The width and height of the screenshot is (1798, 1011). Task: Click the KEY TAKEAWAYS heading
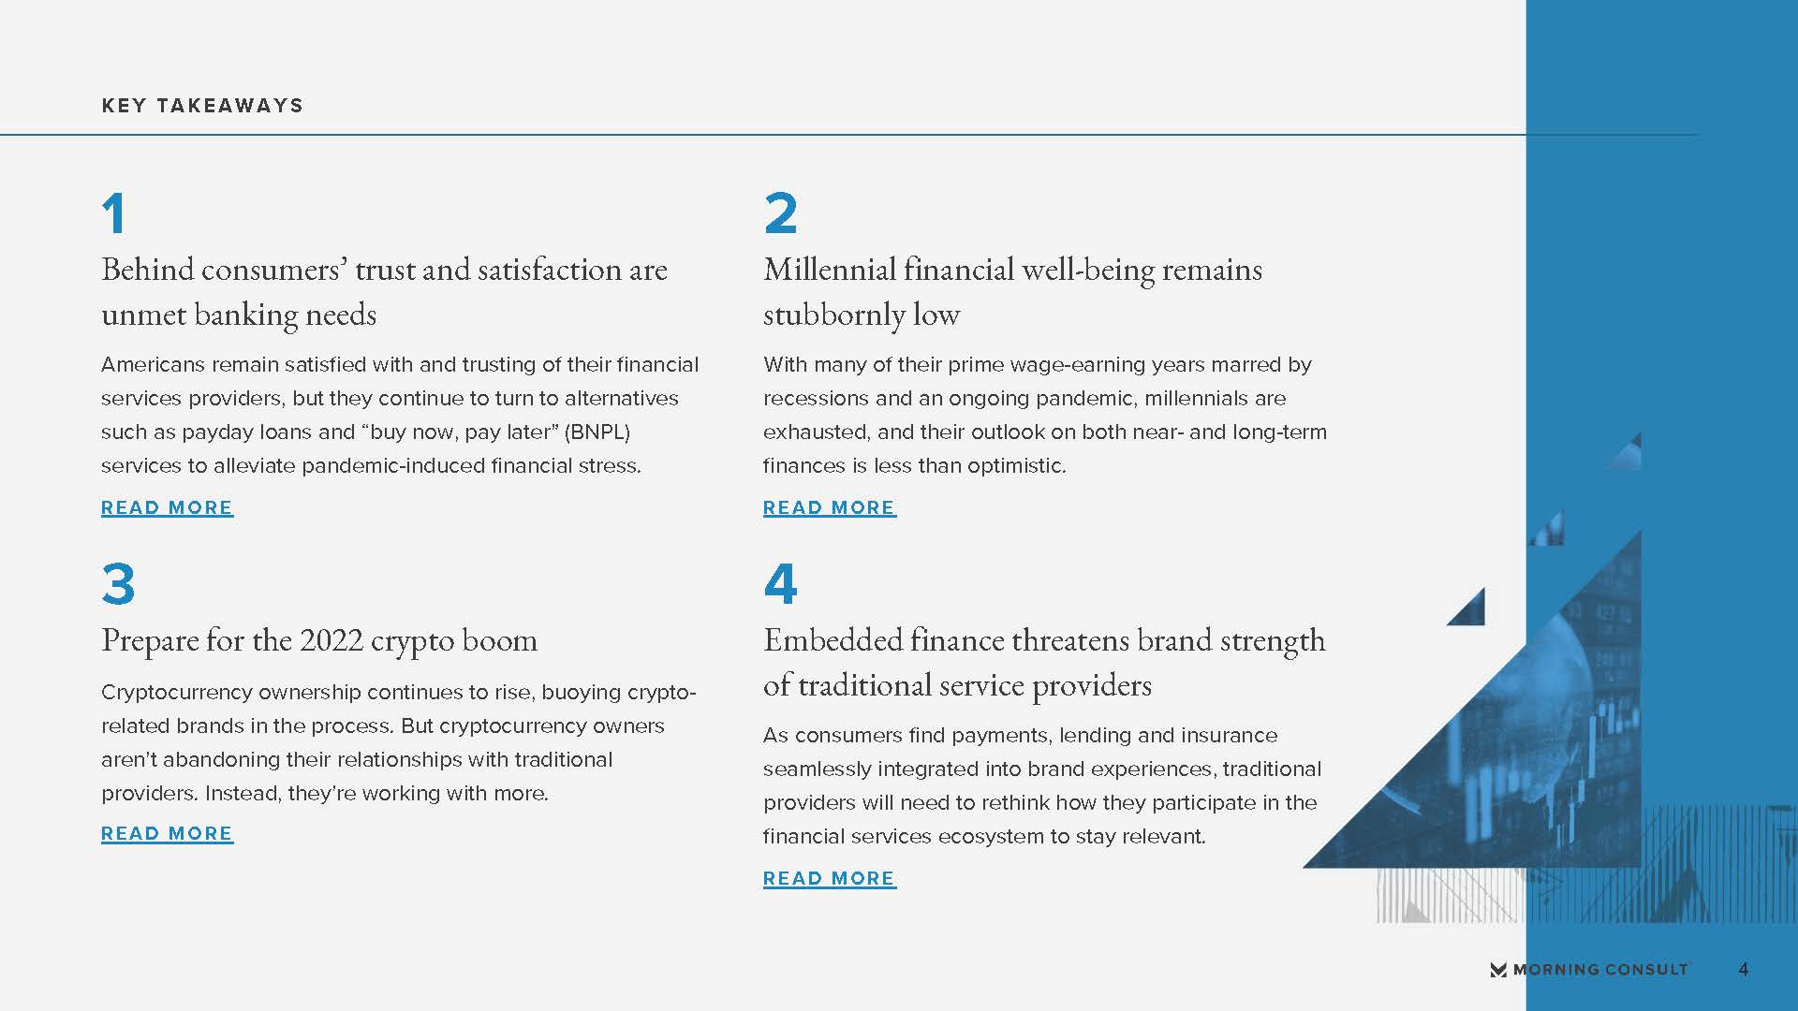coord(202,106)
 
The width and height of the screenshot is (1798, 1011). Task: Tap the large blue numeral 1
coord(114,213)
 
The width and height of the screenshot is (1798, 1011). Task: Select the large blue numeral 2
coord(781,213)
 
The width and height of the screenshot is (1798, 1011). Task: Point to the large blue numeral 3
coord(119,584)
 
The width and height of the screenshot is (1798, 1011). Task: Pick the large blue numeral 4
coord(781,584)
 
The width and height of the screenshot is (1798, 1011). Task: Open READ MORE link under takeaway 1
coord(168,507)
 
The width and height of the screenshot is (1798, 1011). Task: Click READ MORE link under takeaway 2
coord(830,507)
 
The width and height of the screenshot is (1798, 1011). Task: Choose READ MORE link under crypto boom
coord(168,833)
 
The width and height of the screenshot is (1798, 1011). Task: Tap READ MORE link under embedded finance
coord(830,878)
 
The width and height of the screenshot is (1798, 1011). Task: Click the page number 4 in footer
coord(1744,970)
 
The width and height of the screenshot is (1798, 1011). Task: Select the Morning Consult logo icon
coord(1498,970)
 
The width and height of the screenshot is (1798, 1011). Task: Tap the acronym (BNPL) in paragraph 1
coord(597,432)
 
